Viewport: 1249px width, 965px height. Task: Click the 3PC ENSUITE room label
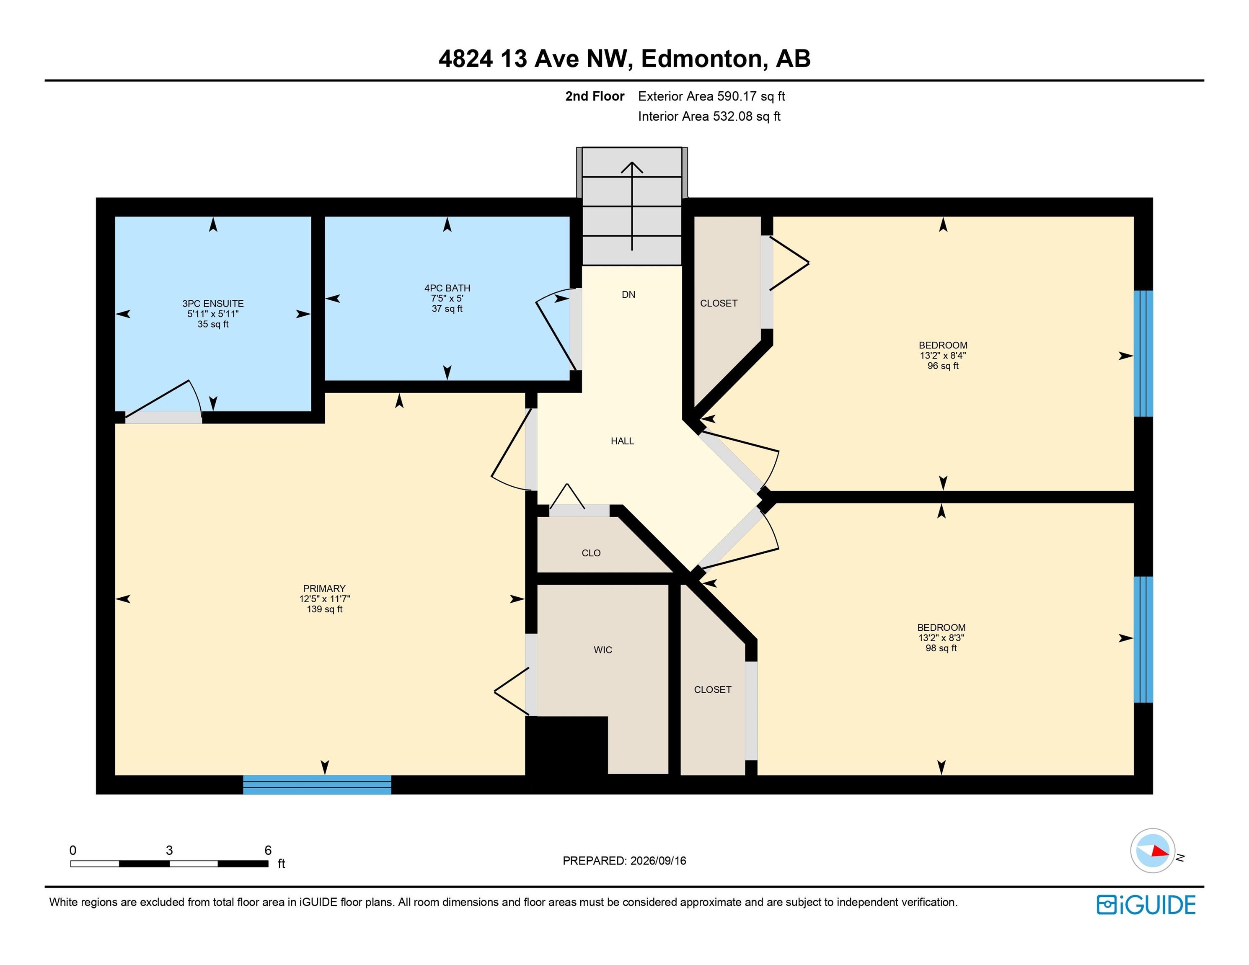[x=213, y=304]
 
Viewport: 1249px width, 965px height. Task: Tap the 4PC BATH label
[x=447, y=288]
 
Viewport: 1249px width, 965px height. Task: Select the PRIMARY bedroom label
[x=324, y=588]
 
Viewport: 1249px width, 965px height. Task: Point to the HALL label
[x=622, y=441]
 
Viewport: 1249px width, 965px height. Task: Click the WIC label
[x=603, y=650]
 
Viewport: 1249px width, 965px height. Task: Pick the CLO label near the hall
[x=591, y=553]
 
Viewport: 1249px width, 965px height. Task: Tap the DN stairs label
[x=628, y=294]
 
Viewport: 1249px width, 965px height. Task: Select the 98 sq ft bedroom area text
[x=941, y=648]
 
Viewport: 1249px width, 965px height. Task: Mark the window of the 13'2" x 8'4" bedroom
[x=1143, y=353]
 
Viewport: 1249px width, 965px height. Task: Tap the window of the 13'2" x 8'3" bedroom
[x=1143, y=639]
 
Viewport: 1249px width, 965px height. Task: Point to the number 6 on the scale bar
[x=268, y=850]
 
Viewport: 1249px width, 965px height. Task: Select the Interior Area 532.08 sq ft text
[x=709, y=116]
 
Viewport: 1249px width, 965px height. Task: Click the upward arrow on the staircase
[x=632, y=206]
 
